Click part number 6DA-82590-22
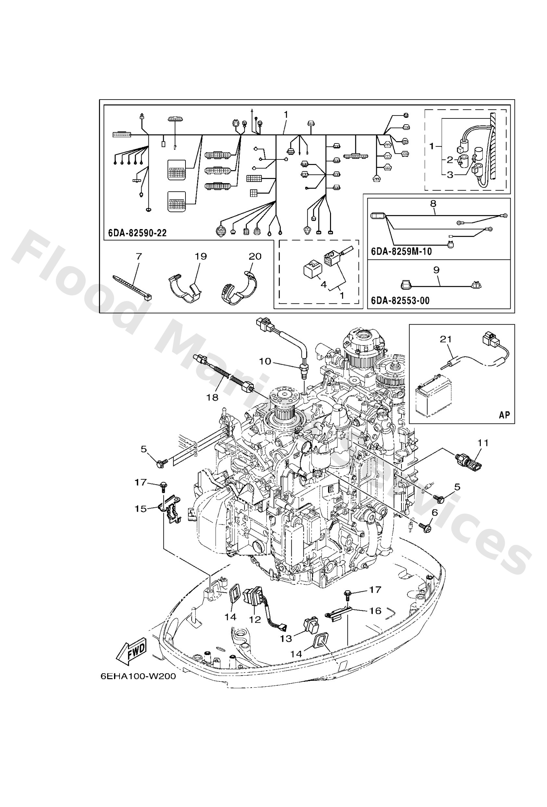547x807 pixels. [137, 233]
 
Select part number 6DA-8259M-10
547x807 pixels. [401, 251]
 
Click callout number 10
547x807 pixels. [265, 361]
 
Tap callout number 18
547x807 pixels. [212, 397]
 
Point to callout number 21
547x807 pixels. [446, 339]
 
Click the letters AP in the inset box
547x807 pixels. [504, 415]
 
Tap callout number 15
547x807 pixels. [141, 509]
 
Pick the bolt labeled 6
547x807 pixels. [425, 528]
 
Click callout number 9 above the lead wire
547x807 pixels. [436, 270]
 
